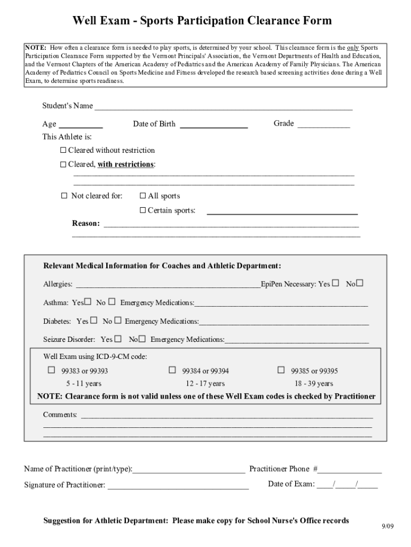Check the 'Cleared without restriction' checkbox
point(64,150)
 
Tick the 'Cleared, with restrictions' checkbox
point(64,164)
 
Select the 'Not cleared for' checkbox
point(65,196)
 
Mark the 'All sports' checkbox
point(143,196)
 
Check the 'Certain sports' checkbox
point(143,210)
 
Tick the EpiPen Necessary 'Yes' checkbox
point(335,283)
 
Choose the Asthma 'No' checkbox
point(112,302)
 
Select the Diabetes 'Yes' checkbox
point(94,321)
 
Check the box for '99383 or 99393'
point(52,370)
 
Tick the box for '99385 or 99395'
point(281,370)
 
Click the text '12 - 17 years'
point(205,384)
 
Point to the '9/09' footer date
point(387,526)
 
